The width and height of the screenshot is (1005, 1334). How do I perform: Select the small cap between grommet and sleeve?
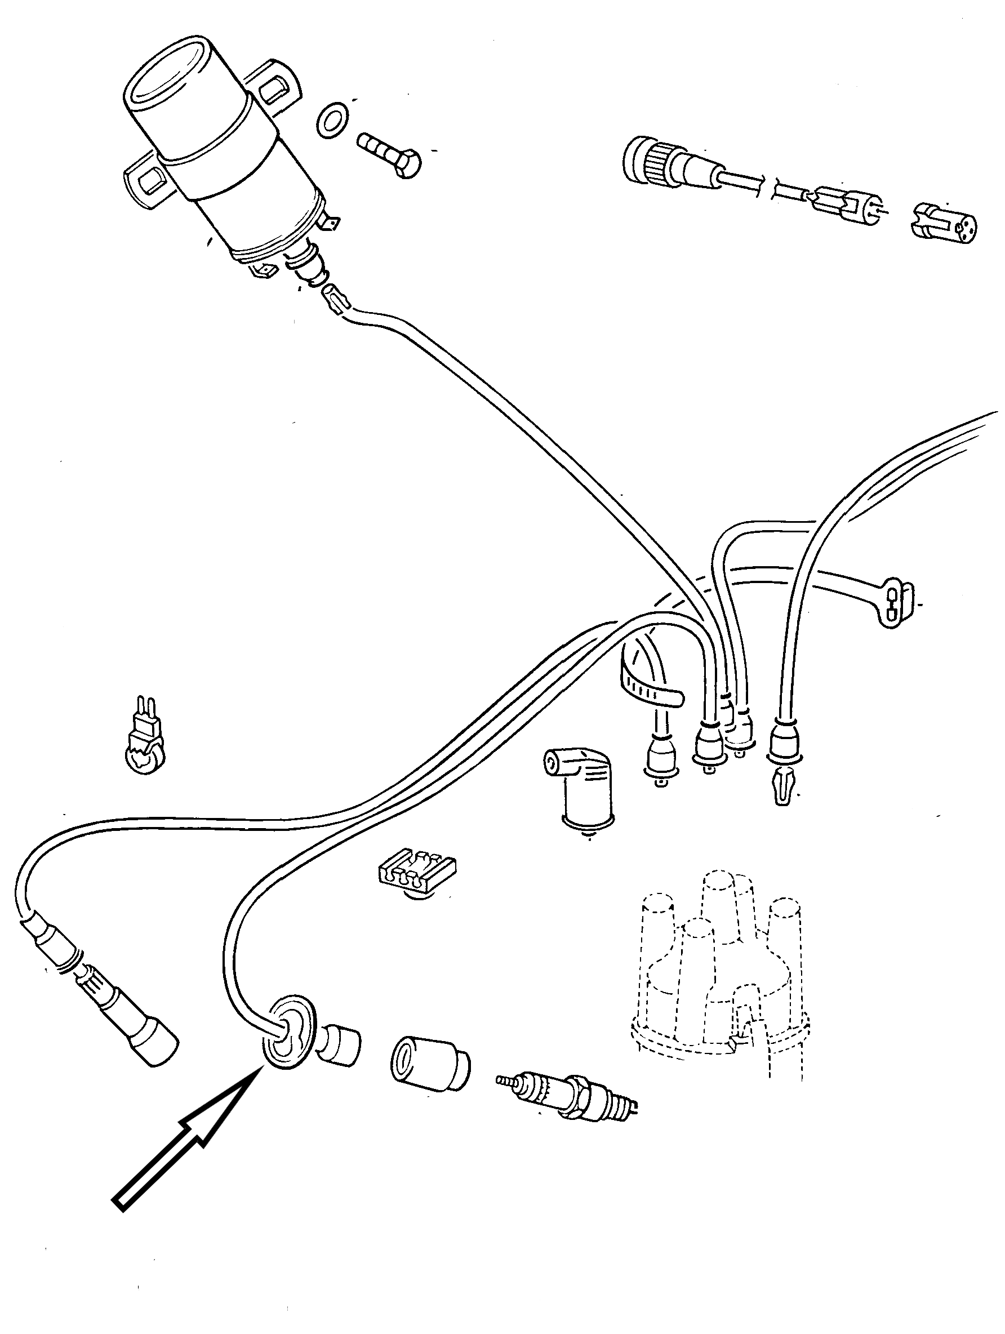(x=341, y=1043)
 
